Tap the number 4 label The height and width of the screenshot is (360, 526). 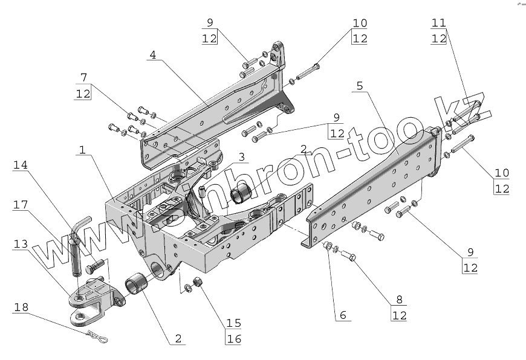[152, 54]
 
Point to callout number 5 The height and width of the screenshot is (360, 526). [359, 86]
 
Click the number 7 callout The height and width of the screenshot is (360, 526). [83, 77]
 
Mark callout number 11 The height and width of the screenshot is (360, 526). [439, 23]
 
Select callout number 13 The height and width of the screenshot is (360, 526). [20, 244]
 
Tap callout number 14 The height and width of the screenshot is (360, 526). [20, 166]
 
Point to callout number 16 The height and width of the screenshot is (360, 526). [233, 338]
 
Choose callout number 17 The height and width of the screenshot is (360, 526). [20, 205]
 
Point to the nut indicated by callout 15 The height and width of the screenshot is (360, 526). [198, 281]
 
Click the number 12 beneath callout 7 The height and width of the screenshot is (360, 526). [83, 94]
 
